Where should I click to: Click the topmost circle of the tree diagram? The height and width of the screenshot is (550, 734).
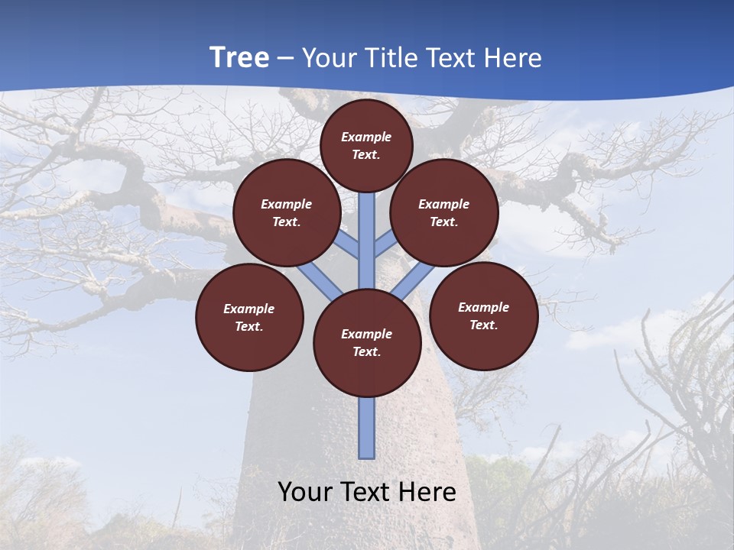click(366, 145)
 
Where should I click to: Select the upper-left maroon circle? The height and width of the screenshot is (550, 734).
click(286, 212)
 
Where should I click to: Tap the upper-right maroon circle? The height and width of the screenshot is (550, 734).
click(444, 212)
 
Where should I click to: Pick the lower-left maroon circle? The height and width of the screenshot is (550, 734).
click(249, 317)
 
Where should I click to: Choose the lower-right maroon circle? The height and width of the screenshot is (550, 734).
click(484, 315)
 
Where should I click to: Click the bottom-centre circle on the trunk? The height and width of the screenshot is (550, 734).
click(367, 343)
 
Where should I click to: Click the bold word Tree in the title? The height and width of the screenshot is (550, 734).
click(239, 57)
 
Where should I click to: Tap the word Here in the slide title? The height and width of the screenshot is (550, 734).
click(512, 58)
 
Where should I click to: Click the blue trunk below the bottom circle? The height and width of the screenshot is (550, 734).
click(367, 428)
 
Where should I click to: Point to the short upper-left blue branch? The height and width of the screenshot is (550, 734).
click(348, 245)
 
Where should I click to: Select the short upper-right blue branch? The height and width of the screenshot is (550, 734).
click(385, 244)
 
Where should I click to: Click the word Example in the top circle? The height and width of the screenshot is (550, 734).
click(366, 137)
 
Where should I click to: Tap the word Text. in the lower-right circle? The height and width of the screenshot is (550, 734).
click(484, 325)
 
